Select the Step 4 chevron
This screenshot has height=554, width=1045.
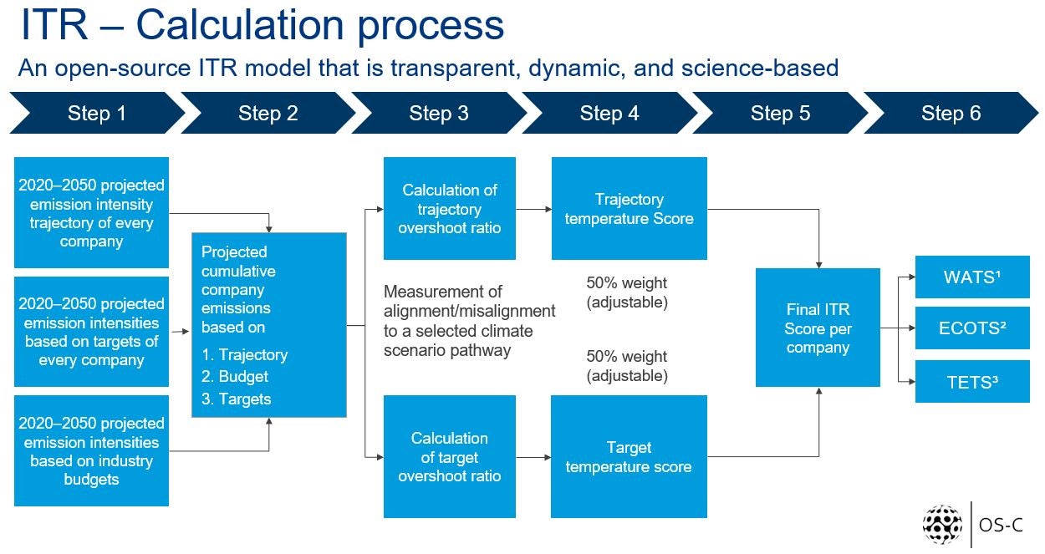point(609,113)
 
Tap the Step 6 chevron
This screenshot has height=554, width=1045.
point(951,113)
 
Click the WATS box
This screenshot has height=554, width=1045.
point(972,277)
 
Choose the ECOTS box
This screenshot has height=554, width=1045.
point(972,328)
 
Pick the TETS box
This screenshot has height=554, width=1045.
point(972,382)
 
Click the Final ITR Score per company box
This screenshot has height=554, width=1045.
point(818,328)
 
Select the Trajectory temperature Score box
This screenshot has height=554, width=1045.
point(630,208)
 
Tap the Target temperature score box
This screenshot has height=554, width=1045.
point(629,456)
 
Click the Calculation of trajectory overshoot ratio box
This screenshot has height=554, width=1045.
point(450,208)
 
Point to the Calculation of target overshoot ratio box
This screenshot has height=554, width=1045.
point(450,456)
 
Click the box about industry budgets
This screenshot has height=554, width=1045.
point(91,451)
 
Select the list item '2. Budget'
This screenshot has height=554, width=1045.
point(235,376)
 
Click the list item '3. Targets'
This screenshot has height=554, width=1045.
point(236,399)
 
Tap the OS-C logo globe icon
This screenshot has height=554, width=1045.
point(942,525)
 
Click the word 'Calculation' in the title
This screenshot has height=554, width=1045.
point(240,25)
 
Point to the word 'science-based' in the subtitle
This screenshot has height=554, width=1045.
point(760,68)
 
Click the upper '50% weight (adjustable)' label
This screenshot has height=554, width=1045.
point(627,292)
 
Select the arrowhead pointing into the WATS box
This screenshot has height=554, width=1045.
point(912,277)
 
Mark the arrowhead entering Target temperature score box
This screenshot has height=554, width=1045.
point(548,457)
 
